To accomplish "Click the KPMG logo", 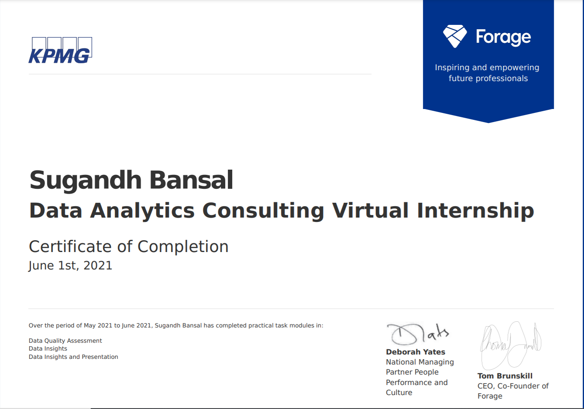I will tap(60, 51).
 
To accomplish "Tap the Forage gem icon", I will tap(455, 36).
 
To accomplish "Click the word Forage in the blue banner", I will tap(503, 37).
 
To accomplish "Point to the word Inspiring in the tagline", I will tap(452, 68).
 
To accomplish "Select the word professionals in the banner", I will tap(502, 78).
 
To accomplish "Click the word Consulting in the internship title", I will tap(263, 211).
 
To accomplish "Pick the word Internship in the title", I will tap(475, 211).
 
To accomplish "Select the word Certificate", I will tap(70, 247).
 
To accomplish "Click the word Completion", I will tap(183, 247).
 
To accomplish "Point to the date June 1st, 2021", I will tap(70, 266).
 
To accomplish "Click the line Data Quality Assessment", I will tap(65, 341).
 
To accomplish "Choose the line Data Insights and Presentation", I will tap(73, 357).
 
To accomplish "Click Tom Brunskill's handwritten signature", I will tap(510, 344).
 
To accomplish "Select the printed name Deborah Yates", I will tap(416, 352).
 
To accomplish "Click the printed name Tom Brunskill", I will tap(505, 376).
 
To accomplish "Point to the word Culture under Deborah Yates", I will tap(399, 392).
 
